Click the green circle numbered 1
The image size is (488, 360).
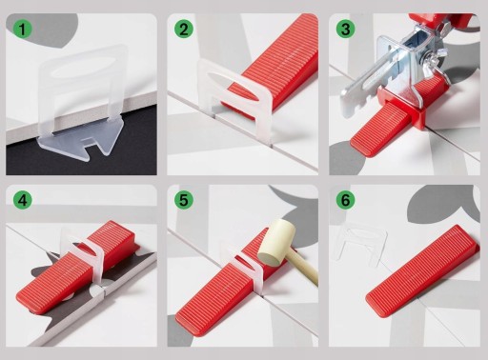[x=22, y=30]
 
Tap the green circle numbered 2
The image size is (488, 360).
[x=184, y=30]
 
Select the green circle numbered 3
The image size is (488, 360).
[x=345, y=30]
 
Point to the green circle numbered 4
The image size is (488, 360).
[x=22, y=200]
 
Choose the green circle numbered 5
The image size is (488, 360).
[x=184, y=200]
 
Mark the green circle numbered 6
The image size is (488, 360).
[x=345, y=200]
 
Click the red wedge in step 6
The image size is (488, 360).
[x=422, y=270]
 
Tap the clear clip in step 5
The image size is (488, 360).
[x=242, y=265]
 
